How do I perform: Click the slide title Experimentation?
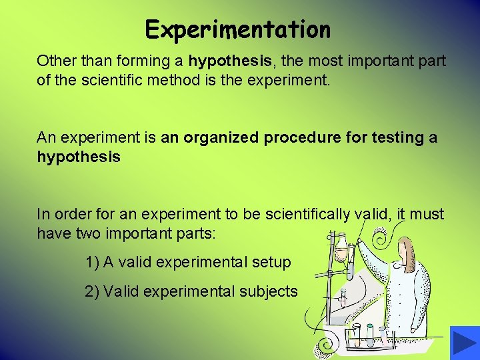click(x=238, y=29)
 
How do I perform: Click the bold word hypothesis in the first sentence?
click(x=231, y=61)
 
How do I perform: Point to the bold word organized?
click(x=222, y=137)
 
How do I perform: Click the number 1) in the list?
click(x=93, y=262)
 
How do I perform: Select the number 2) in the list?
click(x=93, y=291)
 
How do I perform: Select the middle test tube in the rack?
click(x=371, y=333)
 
